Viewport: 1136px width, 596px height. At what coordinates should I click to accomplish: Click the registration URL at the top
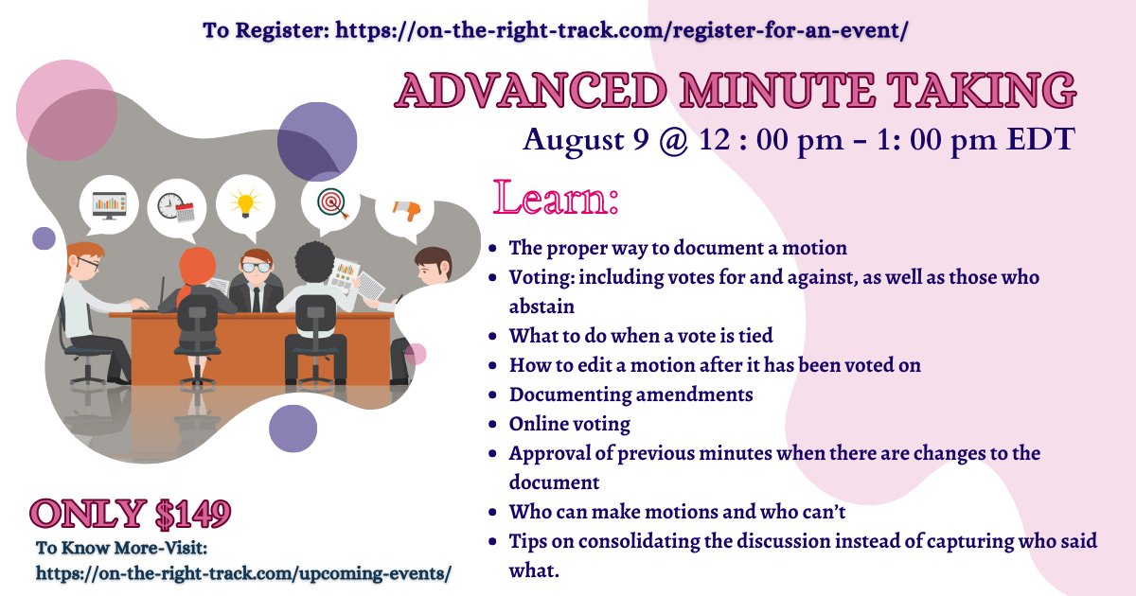click(x=620, y=29)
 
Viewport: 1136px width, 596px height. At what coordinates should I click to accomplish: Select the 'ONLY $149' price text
click(x=130, y=514)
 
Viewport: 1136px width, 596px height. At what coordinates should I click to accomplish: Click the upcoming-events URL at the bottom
click(x=243, y=572)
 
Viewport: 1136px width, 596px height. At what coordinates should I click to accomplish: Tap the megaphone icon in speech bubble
click(x=405, y=211)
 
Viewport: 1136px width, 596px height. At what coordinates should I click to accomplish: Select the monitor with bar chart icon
click(x=109, y=203)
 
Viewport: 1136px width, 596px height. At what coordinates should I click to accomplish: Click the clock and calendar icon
click(x=175, y=206)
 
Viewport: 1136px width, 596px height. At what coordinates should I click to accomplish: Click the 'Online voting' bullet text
click(x=569, y=424)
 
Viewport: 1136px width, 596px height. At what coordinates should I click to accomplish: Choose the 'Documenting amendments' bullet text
click(x=630, y=394)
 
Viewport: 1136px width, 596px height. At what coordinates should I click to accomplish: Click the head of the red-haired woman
click(x=198, y=266)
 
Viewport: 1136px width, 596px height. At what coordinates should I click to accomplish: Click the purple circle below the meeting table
click(x=293, y=430)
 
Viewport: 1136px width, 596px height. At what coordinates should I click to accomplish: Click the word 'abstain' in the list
click(x=541, y=307)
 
